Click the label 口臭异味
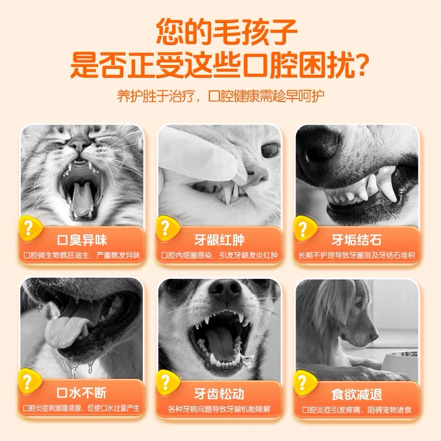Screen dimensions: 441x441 [x=82, y=240]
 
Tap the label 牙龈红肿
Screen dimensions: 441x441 [x=219, y=240]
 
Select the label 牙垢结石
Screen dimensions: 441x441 [x=356, y=240]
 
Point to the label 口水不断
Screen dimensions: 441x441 [x=82, y=393]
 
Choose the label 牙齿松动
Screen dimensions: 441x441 [x=219, y=394]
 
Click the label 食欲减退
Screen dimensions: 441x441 [x=357, y=394]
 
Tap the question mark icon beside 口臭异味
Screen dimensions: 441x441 [x=30, y=228]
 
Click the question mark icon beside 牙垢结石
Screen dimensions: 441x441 [x=304, y=228]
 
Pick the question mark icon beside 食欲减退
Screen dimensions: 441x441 [x=304, y=382]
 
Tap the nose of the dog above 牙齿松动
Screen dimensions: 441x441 [x=225, y=290]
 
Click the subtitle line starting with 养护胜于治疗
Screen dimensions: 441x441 [x=220, y=96]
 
